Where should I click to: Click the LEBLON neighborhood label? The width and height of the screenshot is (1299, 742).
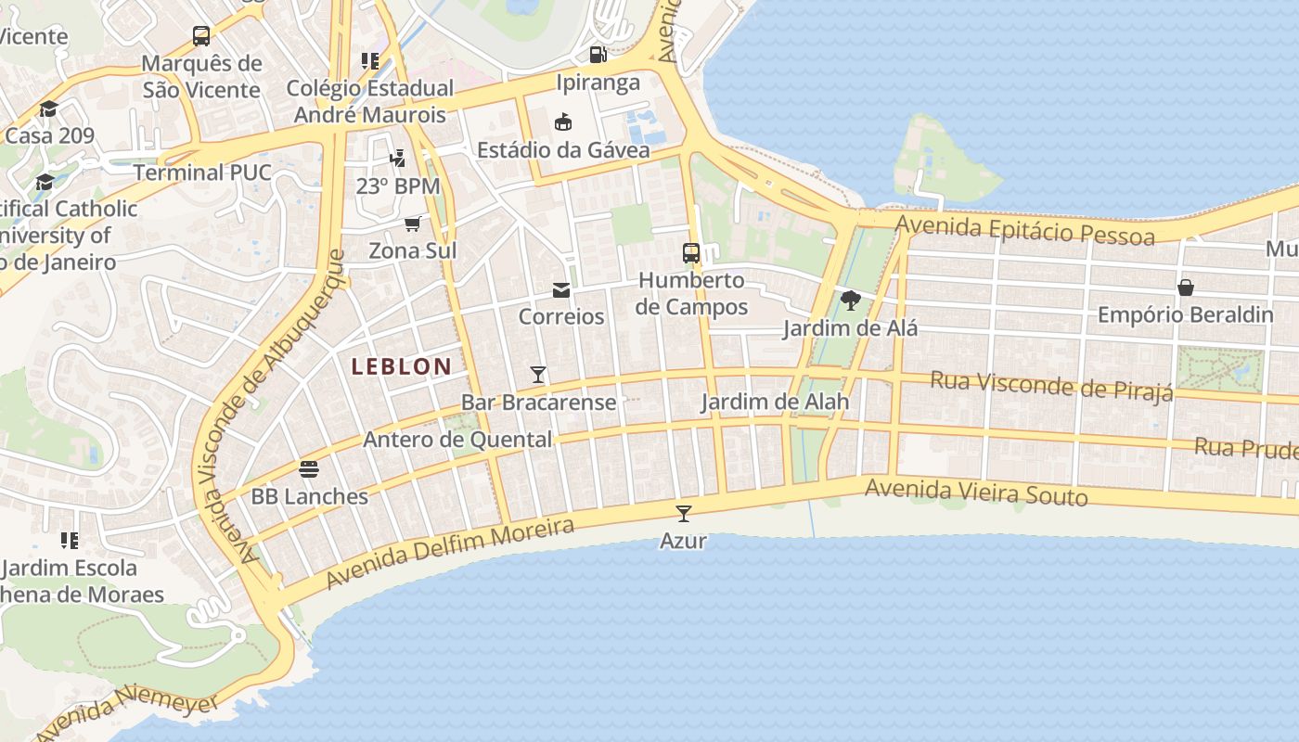(x=401, y=366)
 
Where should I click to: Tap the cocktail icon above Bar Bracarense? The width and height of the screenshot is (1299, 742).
(x=538, y=375)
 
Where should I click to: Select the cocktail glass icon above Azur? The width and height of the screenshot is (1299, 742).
(x=684, y=513)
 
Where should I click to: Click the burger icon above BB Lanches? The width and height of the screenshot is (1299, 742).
(x=309, y=469)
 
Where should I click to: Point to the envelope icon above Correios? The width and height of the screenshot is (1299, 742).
(x=561, y=290)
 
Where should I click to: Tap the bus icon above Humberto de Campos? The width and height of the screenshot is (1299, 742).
(x=691, y=252)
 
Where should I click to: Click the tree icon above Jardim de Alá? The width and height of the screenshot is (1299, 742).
(x=850, y=301)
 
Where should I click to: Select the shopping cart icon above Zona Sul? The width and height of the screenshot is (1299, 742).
(x=413, y=224)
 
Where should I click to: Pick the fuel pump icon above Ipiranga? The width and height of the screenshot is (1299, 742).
(x=598, y=55)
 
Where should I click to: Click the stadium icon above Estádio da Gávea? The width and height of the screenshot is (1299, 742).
(x=563, y=122)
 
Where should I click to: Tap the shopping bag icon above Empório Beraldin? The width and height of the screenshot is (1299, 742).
(x=1185, y=288)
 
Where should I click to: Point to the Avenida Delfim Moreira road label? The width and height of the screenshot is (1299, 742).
(x=450, y=554)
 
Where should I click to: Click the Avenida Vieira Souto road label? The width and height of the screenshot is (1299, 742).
(x=976, y=493)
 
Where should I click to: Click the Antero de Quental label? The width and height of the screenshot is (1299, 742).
(x=457, y=439)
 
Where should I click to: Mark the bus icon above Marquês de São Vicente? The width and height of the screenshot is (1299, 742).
(x=201, y=36)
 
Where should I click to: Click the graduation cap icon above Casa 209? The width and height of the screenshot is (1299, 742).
(x=48, y=109)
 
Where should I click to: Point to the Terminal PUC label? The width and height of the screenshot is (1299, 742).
(x=202, y=173)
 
